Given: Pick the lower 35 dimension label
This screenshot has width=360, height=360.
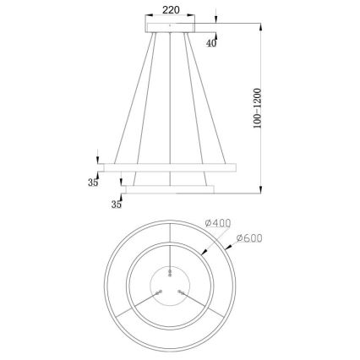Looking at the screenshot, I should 117,204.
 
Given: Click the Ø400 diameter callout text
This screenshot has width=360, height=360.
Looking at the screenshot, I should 218,223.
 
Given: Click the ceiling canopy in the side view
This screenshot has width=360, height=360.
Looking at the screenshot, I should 174,30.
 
